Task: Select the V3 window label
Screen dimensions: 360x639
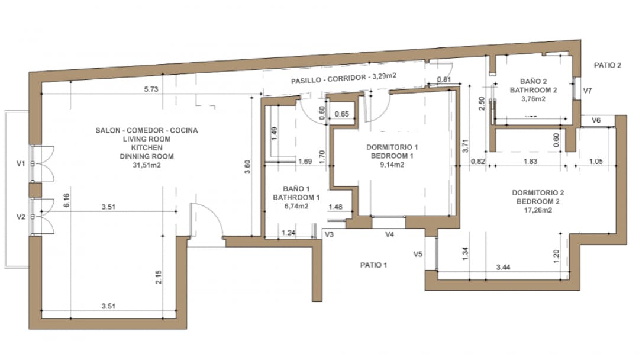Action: (330, 234)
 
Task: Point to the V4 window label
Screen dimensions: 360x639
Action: (389, 234)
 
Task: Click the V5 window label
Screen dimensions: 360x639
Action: (418, 255)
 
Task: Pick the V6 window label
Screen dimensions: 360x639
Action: (596, 120)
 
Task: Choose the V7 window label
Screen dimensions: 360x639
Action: (587, 91)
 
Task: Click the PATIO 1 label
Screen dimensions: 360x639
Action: (373, 265)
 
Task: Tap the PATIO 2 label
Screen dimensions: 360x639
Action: (608, 66)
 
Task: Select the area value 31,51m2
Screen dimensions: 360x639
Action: (147, 166)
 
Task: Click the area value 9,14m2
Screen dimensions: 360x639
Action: (392, 165)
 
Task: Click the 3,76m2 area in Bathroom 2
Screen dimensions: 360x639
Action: (533, 99)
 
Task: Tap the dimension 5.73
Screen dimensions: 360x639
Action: (152, 89)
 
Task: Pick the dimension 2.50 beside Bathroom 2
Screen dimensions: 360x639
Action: (482, 103)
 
